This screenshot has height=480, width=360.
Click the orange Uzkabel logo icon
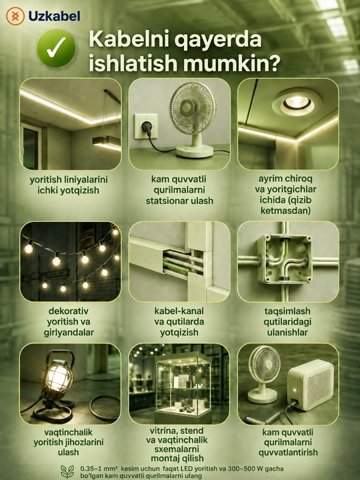[15, 16]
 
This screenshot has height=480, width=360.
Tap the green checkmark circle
[56, 49]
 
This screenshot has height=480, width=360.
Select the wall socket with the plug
[146, 126]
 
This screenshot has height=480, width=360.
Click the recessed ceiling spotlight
[297, 103]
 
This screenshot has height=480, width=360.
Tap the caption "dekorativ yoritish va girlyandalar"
[69, 321]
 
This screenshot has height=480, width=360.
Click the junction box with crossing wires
[284, 259]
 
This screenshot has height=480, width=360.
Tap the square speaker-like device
[311, 385]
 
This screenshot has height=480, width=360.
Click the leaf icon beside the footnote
[67, 472]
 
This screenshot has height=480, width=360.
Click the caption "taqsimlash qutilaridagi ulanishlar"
[287, 321]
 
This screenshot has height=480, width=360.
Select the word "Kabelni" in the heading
[125, 39]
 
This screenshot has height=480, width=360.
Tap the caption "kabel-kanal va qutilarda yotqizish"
[179, 321]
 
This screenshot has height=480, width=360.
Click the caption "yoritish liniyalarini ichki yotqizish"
[69, 185]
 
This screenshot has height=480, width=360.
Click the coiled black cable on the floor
[105, 407]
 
